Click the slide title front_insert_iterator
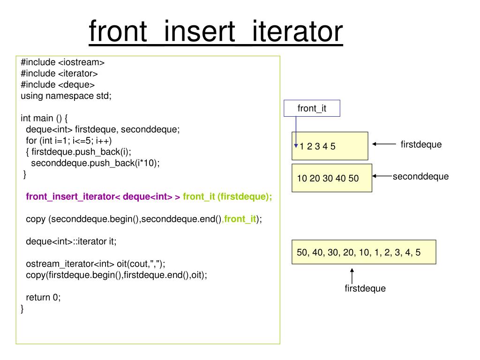pos(216,32)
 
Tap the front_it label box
pos(312,108)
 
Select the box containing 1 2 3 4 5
pos(330,146)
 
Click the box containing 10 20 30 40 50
pos(331,178)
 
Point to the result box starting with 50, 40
pos(363,252)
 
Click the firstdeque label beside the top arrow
pos(421,144)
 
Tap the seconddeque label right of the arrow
pos(420,176)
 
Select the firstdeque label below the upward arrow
pos(365,288)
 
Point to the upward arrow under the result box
pos(352,275)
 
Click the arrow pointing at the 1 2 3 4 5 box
pos(384,145)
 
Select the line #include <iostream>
pos(62,62)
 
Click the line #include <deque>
pos(58,84)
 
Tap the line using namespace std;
pos(66,96)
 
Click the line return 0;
pos(43,297)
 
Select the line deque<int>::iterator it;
pos(71,241)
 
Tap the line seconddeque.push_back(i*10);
pos(95,163)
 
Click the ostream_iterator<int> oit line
pos(96,263)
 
